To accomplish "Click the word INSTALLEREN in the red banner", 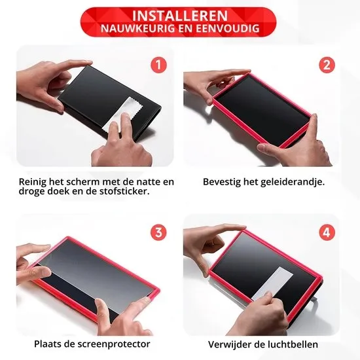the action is (180, 16).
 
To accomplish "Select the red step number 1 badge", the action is (158, 65).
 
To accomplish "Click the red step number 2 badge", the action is (327, 65).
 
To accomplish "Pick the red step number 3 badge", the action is (158, 232).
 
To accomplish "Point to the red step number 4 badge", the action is (327, 232).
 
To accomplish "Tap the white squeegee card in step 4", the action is (272, 284).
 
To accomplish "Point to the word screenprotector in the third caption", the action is (114, 344).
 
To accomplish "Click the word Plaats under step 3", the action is (48, 344).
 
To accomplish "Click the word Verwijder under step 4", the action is (229, 344).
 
